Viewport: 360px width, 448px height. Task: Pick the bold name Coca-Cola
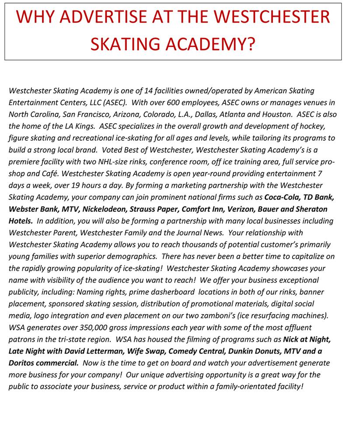click(x=281, y=197)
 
